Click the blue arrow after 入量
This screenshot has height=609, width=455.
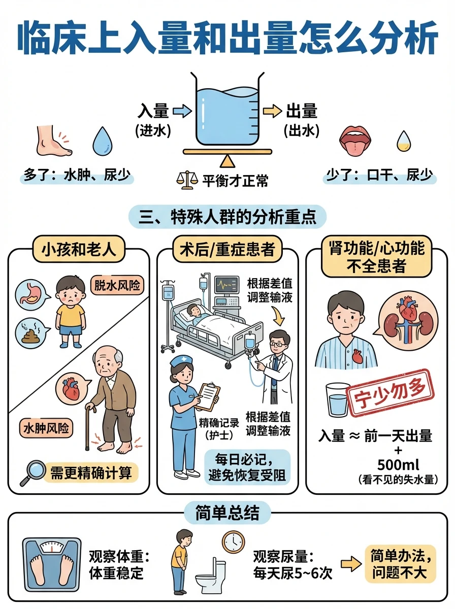(x=182, y=111)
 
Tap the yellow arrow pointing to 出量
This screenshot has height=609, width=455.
(x=272, y=111)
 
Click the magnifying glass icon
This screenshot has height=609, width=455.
(x=32, y=473)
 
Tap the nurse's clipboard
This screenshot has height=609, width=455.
(x=207, y=397)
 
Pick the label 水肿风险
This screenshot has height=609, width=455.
(x=46, y=428)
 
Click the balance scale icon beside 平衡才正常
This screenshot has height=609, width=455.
(x=187, y=181)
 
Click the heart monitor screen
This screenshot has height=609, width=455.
(x=227, y=285)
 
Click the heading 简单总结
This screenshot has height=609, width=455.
(x=227, y=513)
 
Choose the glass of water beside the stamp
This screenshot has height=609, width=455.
(x=337, y=400)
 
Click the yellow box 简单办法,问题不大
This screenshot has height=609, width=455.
(x=400, y=564)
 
